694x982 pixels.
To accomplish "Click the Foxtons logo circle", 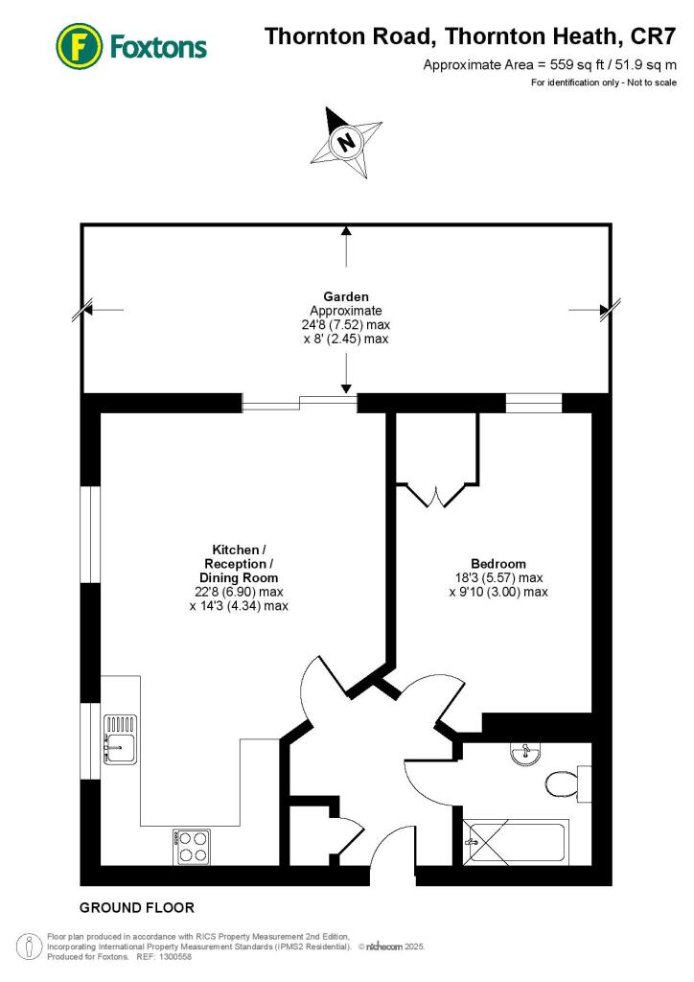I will tap(80, 45).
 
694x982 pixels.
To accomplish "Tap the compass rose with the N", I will tap(344, 143).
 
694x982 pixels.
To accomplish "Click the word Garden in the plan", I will tap(346, 296).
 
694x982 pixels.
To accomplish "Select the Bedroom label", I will tap(497, 563).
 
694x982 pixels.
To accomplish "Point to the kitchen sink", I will tap(121, 738).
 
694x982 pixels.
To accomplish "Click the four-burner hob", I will tap(193, 847).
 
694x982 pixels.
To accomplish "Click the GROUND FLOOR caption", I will tap(136, 907).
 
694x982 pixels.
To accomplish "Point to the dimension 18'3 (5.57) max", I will tap(497, 577).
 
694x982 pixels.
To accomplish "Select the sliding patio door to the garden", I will tap(299, 404).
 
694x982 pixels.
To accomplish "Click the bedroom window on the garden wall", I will tap(533, 404).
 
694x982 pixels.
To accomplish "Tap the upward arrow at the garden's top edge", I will tap(346, 233).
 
